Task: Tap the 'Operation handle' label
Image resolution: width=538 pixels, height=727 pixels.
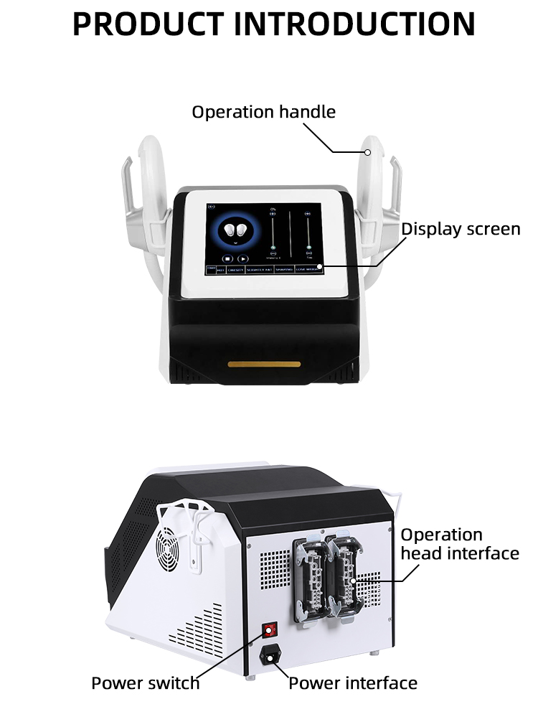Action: click(263, 112)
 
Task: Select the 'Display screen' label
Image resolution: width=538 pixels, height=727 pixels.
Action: click(460, 229)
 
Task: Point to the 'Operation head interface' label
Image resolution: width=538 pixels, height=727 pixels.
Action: click(459, 544)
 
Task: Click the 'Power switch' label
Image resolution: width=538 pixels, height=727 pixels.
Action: click(146, 683)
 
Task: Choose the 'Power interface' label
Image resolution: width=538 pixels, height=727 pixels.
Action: click(352, 683)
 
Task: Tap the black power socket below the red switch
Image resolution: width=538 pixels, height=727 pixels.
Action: click(270, 655)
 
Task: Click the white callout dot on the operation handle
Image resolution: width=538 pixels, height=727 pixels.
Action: click(367, 151)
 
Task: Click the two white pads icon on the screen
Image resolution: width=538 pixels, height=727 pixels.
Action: click(235, 230)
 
